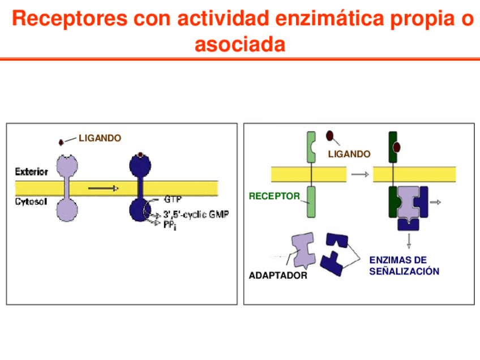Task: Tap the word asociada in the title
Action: click(x=240, y=44)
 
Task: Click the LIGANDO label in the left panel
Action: click(x=100, y=138)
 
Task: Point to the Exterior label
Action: click(x=31, y=171)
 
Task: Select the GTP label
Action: click(x=172, y=200)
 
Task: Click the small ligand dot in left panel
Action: click(x=61, y=142)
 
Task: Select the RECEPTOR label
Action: click(x=275, y=196)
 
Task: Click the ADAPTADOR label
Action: click(x=278, y=276)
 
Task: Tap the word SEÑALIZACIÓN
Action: click(x=404, y=272)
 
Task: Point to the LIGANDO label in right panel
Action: click(x=349, y=154)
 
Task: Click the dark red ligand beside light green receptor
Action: click(x=329, y=136)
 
